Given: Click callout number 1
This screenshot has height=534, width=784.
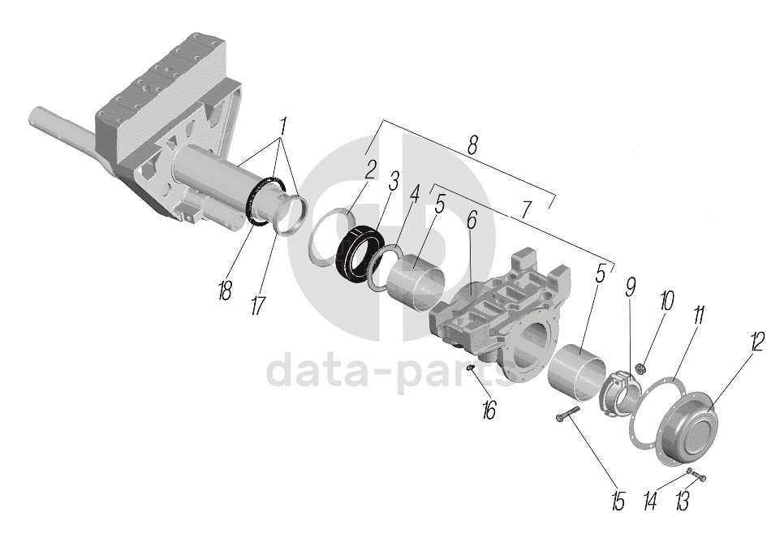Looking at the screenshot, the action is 283,127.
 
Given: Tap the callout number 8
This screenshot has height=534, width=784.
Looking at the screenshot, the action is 472,144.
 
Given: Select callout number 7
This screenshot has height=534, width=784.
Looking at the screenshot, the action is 526,209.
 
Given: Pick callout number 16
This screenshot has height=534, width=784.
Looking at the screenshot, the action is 488,410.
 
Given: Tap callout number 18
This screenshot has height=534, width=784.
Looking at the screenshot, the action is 225,291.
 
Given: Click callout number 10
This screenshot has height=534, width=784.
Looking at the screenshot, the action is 666,302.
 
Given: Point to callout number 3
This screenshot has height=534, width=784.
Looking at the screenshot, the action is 393,181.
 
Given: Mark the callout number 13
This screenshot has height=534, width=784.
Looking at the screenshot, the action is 683,503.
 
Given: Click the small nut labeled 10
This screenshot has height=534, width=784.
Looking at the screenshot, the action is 640,368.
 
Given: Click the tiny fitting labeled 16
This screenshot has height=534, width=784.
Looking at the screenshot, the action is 471,370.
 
